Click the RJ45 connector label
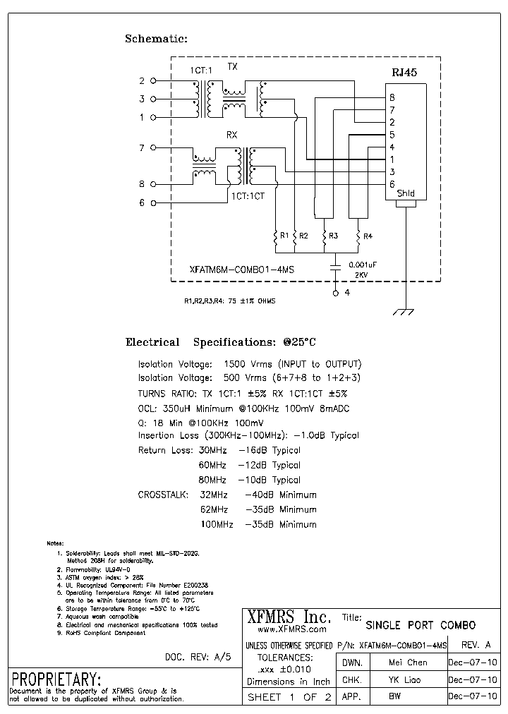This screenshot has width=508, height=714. (x=405, y=72)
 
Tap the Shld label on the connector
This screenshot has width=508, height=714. (x=406, y=193)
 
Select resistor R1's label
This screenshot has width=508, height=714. (x=284, y=236)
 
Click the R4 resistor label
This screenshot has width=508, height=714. (x=368, y=236)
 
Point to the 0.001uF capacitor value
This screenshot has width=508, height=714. (x=363, y=264)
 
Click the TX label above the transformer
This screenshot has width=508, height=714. (x=232, y=66)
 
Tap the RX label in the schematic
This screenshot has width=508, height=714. (x=231, y=135)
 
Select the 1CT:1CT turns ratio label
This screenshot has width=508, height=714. (x=247, y=197)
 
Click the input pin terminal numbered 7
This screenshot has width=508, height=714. (x=153, y=148)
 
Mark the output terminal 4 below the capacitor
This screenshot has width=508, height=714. (x=336, y=291)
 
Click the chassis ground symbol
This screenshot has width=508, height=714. (x=403, y=311)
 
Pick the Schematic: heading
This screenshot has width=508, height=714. (x=156, y=40)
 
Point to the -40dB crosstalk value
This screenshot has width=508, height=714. (x=259, y=495)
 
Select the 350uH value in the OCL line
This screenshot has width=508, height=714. (x=178, y=409)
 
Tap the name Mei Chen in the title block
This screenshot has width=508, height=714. (x=408, y=662)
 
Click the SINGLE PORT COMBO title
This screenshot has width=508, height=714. (x=421, y=625)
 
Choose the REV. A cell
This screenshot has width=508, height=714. (x=475, y=644)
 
